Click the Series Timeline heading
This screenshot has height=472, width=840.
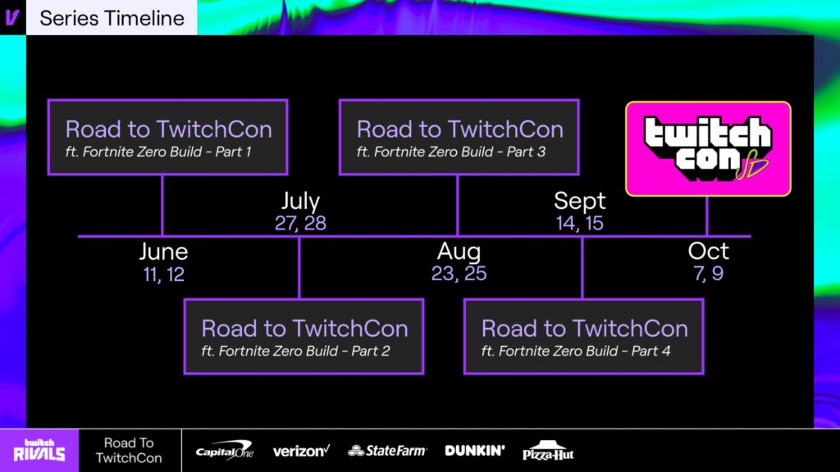[112, 18]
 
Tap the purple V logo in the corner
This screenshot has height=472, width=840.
[12, 17]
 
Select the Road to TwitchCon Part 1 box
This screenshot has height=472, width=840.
[167, 137]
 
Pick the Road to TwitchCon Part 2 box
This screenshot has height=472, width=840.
[304, 336]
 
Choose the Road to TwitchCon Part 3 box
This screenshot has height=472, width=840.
[459, 137]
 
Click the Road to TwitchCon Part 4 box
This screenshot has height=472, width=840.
[583, 336]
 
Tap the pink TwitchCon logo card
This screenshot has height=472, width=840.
[708, 148]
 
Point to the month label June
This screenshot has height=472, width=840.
[163, 252]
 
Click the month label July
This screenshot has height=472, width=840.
[300, 201]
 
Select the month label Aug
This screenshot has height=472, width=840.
[459, 252]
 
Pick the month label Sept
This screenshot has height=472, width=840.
[579, 201]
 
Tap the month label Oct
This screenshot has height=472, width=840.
[708, 252]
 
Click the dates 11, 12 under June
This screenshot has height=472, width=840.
[163, 275]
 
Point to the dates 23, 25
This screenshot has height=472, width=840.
[459, 274]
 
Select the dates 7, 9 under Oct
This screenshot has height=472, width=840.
[708, 274]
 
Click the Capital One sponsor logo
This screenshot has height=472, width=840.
[224, 450]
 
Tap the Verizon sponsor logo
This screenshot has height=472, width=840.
[301, 451]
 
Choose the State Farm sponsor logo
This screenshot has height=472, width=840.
[387, 451]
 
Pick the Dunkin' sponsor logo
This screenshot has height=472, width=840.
[475, 450]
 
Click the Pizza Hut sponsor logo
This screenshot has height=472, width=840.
[549, 451]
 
